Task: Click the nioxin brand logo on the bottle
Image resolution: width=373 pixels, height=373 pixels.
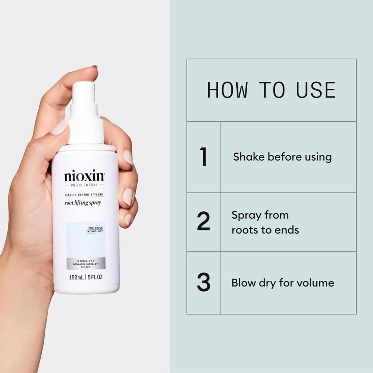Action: point(85,176)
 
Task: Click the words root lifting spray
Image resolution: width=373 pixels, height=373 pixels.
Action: point(84,203)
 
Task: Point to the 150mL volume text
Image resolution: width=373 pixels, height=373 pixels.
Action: point(76,278)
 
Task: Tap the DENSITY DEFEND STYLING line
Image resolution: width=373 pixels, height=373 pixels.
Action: point(84,195)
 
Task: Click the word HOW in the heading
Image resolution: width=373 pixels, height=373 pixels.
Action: point(227,90)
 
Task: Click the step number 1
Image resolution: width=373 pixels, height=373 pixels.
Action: point(203,157)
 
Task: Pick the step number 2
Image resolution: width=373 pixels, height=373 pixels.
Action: point(203,222)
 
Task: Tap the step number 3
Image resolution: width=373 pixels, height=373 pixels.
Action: point(203,283)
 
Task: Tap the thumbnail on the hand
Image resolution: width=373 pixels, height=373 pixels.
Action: point(60,128)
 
